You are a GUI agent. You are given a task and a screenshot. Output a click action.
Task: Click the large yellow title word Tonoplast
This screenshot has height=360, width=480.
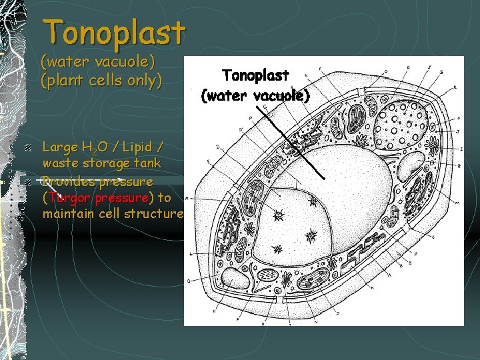coord(114,33)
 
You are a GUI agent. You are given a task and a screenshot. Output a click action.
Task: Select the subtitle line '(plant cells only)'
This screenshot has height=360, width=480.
coord(101,81)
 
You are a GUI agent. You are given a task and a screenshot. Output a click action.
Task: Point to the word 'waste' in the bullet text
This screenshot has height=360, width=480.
coord(60,163)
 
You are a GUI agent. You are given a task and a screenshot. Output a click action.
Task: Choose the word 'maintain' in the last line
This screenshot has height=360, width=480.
coord(69,214)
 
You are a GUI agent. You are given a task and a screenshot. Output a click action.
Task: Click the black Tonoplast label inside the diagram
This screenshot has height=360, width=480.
coord(255,77)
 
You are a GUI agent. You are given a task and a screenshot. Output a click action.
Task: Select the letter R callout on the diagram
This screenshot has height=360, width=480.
coord(455,87)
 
